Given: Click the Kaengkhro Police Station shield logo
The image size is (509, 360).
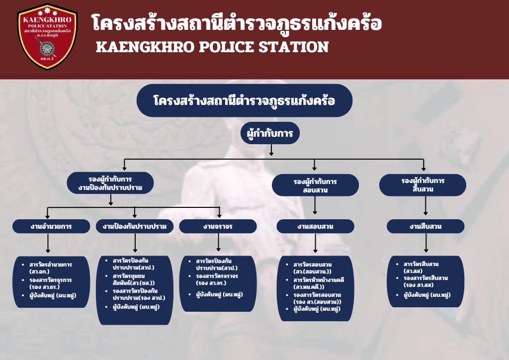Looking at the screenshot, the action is coord(47,36).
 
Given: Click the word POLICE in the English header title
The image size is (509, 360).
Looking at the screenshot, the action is coord(226,47).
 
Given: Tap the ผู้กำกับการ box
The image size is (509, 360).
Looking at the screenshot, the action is coord(270,133).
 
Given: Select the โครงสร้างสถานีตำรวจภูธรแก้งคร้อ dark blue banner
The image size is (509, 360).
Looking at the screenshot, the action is coord(245,100).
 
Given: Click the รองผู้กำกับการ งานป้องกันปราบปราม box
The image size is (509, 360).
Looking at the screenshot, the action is coord(110,183).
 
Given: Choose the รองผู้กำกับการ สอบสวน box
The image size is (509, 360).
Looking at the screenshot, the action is coord(315,185).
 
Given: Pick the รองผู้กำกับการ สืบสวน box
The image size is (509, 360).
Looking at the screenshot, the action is coord(423,185).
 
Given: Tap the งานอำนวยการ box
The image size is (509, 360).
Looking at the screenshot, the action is coord(51,226).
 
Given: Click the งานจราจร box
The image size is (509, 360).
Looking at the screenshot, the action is coord(218,226).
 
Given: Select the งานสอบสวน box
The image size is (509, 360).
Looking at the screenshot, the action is coord(315,226).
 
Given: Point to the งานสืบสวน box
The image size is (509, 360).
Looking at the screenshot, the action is coord(425,226).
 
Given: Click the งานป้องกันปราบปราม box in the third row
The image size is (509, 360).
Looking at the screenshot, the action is coord(135,226).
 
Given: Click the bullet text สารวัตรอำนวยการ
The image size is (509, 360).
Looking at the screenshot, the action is coord(51,265).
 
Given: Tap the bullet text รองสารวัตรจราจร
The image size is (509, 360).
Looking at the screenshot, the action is coord(217,276).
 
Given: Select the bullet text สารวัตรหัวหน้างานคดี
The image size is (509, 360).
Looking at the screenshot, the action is coord(319,280).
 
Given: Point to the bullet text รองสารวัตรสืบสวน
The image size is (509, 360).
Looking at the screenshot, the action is coord(425,278).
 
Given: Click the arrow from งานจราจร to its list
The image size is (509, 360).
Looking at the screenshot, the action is coord(218,243).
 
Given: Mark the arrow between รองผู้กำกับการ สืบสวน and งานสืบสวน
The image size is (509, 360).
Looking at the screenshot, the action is coord(425,206).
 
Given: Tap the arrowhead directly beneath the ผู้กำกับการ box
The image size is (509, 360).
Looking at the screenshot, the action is coord(271,154).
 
